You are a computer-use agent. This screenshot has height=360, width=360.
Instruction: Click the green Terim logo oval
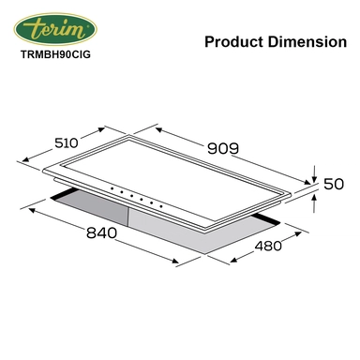(x=55, y=29)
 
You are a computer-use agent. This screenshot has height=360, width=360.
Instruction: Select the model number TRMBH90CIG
(x=55, y=54)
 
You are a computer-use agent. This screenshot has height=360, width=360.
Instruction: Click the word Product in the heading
(x=233, y=42)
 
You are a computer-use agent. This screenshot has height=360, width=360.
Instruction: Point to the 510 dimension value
(x=66, y=143)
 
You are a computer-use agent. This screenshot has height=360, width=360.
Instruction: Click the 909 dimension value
(x=223, y=148)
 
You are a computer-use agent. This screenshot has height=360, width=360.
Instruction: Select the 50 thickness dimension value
(x=334, y=184)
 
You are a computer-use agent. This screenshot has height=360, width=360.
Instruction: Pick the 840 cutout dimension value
(x=101, y=233)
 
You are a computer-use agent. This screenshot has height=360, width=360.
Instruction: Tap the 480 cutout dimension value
(x=268, y=247)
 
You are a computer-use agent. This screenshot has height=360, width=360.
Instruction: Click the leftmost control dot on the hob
(x=112, y=188)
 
